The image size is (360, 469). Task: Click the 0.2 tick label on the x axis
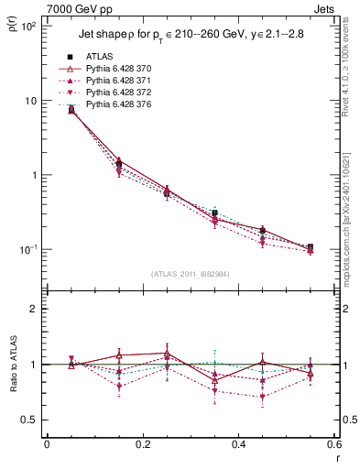tap(142, 444)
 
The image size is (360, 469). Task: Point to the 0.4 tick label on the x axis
tap(238, 444)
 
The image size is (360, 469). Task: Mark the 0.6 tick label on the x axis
tap(333, 444)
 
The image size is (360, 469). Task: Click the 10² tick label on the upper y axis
tap(27, 26)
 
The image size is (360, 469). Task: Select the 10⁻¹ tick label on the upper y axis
tap(27, 249)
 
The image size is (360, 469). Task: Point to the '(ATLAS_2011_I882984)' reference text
tap(191, 274)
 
